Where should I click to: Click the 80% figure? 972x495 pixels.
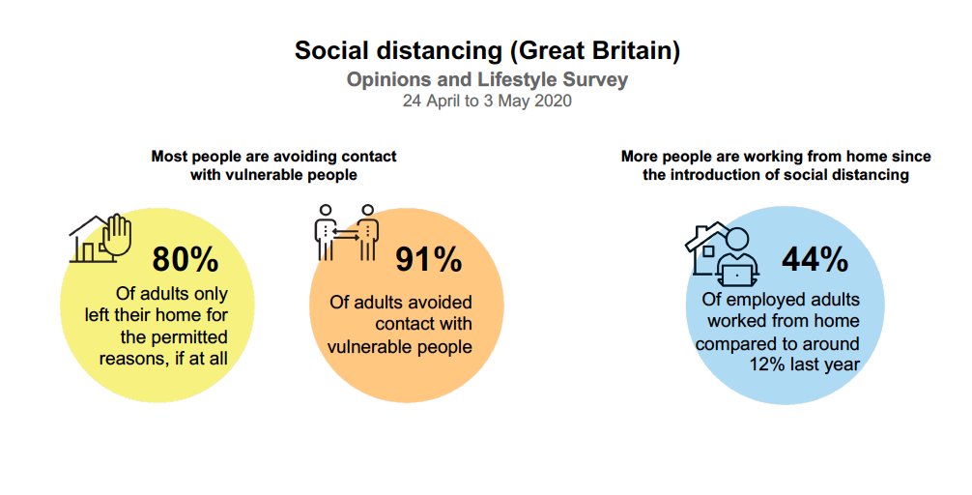point(185,260)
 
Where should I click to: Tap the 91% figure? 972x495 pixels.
point(429,260)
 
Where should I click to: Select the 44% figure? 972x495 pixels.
point(815,259)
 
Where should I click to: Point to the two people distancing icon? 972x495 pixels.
point(347,232)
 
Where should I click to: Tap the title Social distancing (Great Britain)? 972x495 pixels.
point(487,51)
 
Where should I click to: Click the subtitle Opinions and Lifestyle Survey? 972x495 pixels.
point(487,79)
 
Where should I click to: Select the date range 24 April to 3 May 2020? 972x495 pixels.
point(487,101)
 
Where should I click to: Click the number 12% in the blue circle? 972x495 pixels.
point(771,364)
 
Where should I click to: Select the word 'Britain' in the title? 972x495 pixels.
point(629,51)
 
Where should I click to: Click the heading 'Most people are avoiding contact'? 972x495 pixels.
point(273,156)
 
